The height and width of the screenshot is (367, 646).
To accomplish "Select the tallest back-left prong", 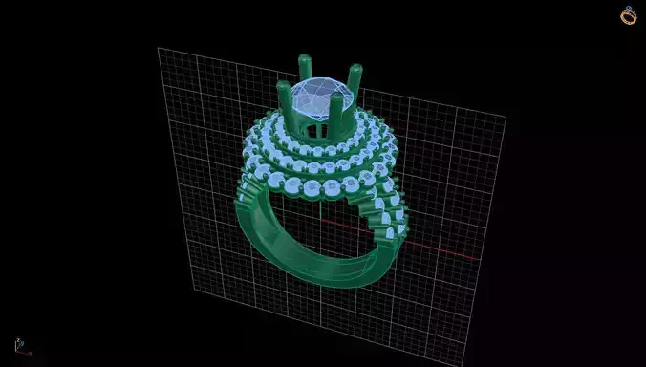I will coord(304,67).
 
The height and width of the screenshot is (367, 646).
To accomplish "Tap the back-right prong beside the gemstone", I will coord(355,76).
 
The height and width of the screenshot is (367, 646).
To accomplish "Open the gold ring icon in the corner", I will coord(628,14).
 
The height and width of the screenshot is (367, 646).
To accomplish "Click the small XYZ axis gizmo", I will coord(19,345).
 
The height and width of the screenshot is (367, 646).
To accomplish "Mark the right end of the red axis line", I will coord(478,258).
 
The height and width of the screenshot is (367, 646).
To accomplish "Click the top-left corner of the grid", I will coord(159,48).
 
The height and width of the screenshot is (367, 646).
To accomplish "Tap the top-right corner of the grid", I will coord(506,118).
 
